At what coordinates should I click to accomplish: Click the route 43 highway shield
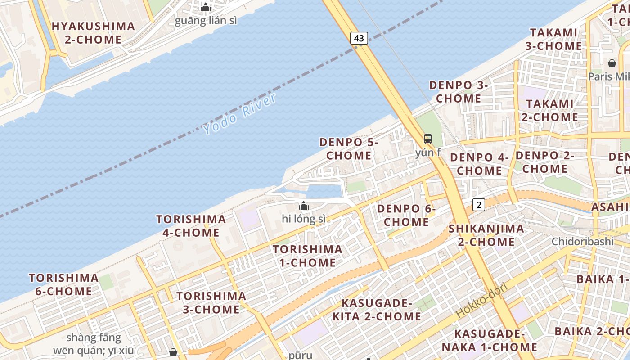pos(359,38)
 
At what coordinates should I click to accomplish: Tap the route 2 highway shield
pos(479,205)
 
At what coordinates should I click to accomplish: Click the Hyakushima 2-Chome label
pos(93,33)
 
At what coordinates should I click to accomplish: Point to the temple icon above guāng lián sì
pos(206,7)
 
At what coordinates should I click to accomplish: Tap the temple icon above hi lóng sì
pos(304,206)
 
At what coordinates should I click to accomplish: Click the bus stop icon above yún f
pos(427,139)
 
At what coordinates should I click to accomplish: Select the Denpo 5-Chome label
pos(349,149)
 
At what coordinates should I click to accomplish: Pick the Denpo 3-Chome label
pos(459,92)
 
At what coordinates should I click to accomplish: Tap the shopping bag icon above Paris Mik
pos(612,63)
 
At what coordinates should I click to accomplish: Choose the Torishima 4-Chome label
pos(191,226)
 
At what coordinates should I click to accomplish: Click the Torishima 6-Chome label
pos(63,284)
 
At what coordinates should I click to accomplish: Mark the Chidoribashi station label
pos(583,241)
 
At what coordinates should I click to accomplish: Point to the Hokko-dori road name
pos(482,300)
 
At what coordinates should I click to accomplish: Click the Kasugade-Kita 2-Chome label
pos(377,310)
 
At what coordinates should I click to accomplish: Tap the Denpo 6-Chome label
pos(406,216)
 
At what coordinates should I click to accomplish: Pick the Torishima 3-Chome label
pos(211,303)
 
